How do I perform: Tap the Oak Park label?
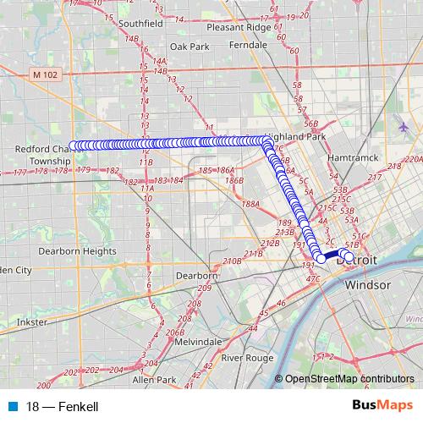(x=189, y=47)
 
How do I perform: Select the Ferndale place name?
(x=248, y=44)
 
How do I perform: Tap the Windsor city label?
(x=367, y=284)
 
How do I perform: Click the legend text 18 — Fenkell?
(x=63, y=407)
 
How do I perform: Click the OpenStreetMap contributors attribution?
(x=351, y=379)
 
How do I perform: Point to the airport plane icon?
(x=403, y=127)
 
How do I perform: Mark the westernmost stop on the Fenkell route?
(x=74, y=146)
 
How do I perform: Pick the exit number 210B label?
(x=233, y=261)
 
